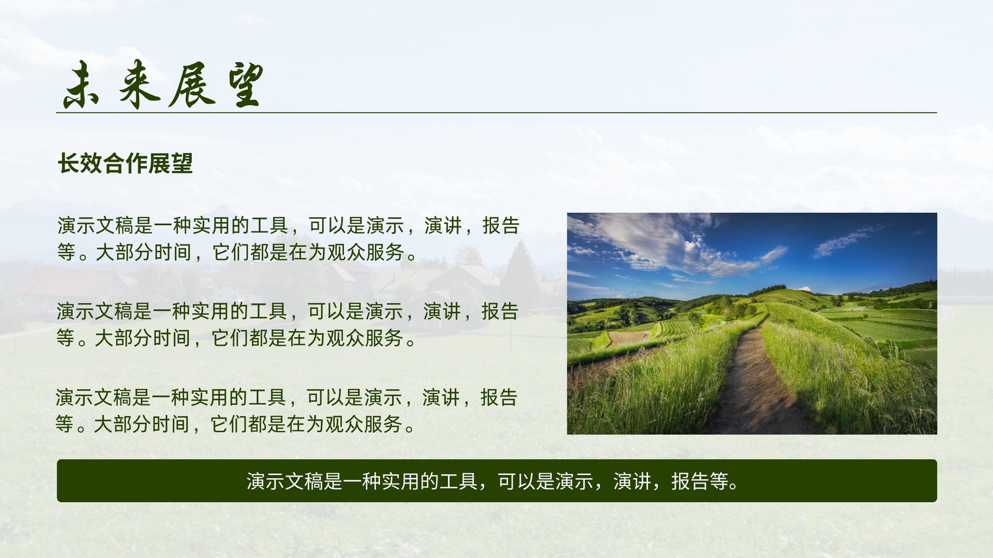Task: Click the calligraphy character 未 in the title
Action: pos(82,84)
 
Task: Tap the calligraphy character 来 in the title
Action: pos(139,84)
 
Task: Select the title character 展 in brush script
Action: pos(192,85)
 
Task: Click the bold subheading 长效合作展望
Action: pos(125,163)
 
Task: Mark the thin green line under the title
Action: pos(496,112)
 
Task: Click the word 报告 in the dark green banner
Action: pos(690,481)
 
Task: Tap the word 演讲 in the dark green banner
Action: pos(632,481)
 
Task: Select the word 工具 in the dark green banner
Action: pos(459,481)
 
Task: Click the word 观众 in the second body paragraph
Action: pos(345,338)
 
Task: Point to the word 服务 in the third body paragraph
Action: pos(383,424)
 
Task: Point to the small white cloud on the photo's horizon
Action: pos(804,289)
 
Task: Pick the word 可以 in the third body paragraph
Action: pos(326,397)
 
